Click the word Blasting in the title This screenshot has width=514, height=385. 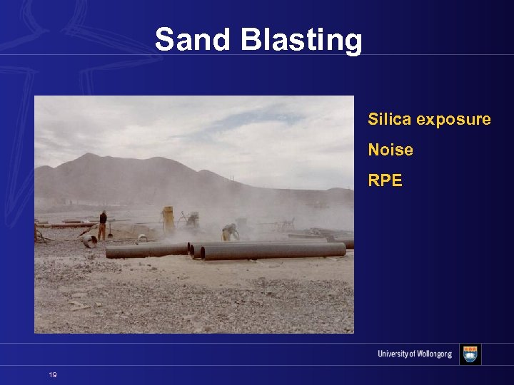click(x=301, y=41)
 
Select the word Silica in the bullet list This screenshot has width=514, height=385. click(x=389, y=119)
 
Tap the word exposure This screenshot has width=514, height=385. click(x=453, y=120)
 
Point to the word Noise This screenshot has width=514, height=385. click(x=390, y=150)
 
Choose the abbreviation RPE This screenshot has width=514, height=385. click(x=385, y=180)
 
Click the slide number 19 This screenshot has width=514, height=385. click(x=53, y=375)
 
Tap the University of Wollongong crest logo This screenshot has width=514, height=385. click(x=470, y=354)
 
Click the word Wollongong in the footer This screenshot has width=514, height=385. click(x=430, y=354)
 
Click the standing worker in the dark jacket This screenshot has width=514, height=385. click(x=103, y=225)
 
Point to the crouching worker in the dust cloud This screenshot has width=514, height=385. click(x=229, y=232)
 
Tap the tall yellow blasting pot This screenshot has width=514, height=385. click(x=168, y=220)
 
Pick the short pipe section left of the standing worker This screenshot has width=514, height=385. click(x=89, y=241)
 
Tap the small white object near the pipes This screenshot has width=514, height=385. click(x=142, y=237)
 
